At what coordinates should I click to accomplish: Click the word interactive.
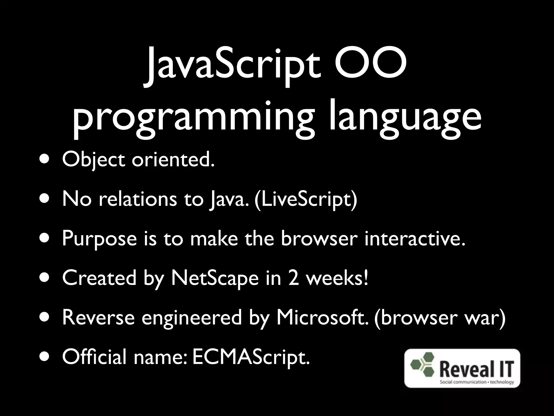415,238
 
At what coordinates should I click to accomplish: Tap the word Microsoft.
322,317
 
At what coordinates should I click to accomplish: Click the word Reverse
98,317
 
